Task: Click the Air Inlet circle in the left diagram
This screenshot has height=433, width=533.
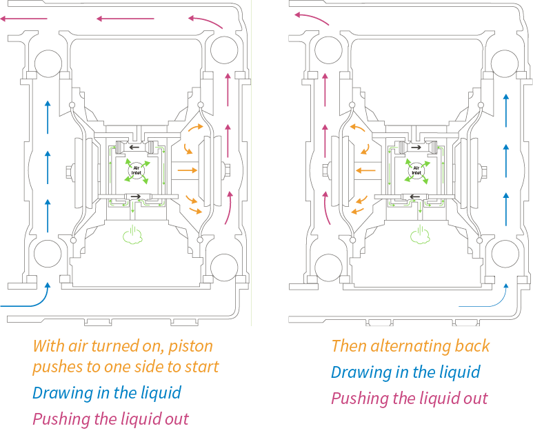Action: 135,168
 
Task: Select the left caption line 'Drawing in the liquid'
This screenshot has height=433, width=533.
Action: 107,393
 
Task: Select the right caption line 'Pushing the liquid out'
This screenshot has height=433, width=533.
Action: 410,398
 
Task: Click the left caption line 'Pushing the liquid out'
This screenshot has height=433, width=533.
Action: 110,419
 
